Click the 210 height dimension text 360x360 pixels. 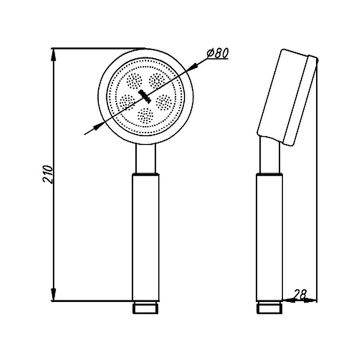tap(48, 174)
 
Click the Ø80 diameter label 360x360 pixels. tap(217, 53)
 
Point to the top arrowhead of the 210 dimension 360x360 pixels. tap(53, 54)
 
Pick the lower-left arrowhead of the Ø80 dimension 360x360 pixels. tap(99, 126)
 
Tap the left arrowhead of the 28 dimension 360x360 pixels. tap(288, 300)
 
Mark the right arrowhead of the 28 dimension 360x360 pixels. tap(310, 300)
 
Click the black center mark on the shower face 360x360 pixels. tap(145, 96)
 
